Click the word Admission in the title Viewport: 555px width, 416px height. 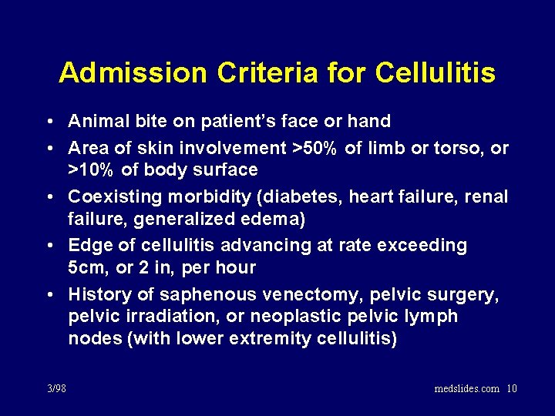tap(133, 73)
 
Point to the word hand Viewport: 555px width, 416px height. tap(371, 122)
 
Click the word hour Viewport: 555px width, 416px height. tap(234, 268)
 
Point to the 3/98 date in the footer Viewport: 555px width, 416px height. tap(55, 388)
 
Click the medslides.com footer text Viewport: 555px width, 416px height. tap(467, 388)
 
